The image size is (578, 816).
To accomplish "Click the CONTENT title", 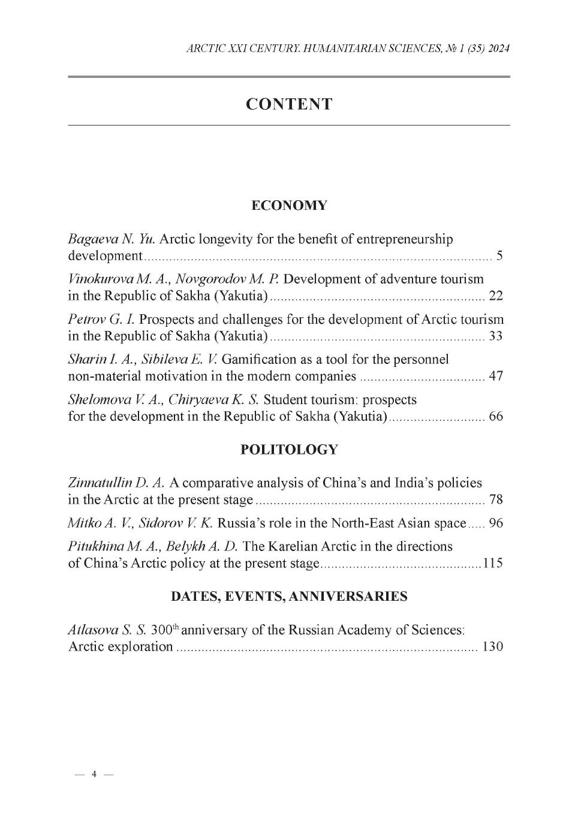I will (x=289, y=104).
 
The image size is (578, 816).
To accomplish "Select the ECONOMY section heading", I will (x=289, y=206).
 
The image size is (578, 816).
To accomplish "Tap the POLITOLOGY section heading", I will (x=289, y=450).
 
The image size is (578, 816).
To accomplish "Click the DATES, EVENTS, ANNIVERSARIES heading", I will (x=289, y=597).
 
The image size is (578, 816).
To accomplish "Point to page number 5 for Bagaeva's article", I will (x=499, y=257).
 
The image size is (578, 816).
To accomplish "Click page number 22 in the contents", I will (x=496, y=296).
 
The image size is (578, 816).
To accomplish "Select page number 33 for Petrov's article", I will (x=496, y=336).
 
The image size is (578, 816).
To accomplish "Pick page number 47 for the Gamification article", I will (x=496, y=377).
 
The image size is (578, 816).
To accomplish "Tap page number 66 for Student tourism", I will (x=496, y=417).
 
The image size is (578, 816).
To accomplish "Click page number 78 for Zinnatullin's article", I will (x=496, y=500).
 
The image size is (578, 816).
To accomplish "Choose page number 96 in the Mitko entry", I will (x=496, y=523).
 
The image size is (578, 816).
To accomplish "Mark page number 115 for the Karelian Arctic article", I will (x=493, y=564).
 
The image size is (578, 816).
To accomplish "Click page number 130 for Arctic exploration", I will (x=493, y=647).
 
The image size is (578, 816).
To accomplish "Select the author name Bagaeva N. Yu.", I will (x=112, y=239).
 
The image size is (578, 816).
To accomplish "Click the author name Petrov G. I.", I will (x=101, y=320).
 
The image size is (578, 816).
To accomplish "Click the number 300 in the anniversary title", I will (x=161, y=630).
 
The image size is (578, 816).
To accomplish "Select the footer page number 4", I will (x=94, y=774).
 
